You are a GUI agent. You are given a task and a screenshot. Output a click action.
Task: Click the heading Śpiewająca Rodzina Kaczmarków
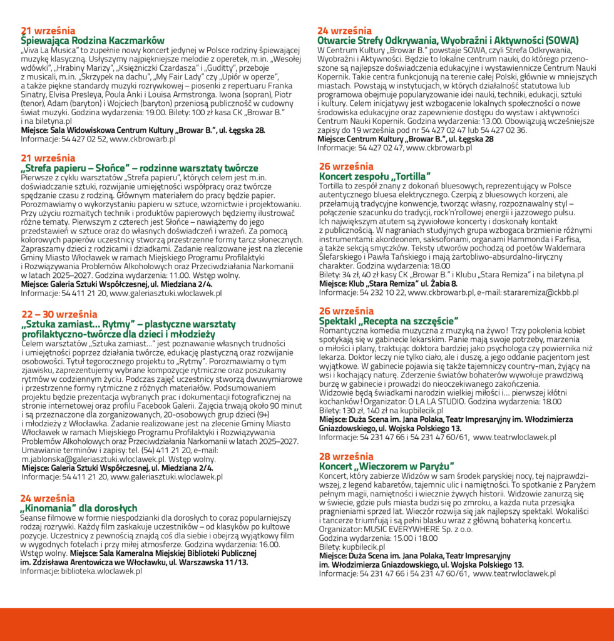point(93,40)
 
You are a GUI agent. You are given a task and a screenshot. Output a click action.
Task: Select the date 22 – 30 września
point(59,314)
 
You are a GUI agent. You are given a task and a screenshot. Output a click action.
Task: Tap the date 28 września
point(345,456)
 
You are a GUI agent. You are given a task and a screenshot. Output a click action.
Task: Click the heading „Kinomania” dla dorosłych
point(79,508)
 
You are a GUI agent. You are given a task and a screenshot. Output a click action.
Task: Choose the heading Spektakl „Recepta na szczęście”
point(389,321)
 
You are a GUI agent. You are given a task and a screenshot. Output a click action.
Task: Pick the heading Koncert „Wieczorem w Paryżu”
point(386,466)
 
